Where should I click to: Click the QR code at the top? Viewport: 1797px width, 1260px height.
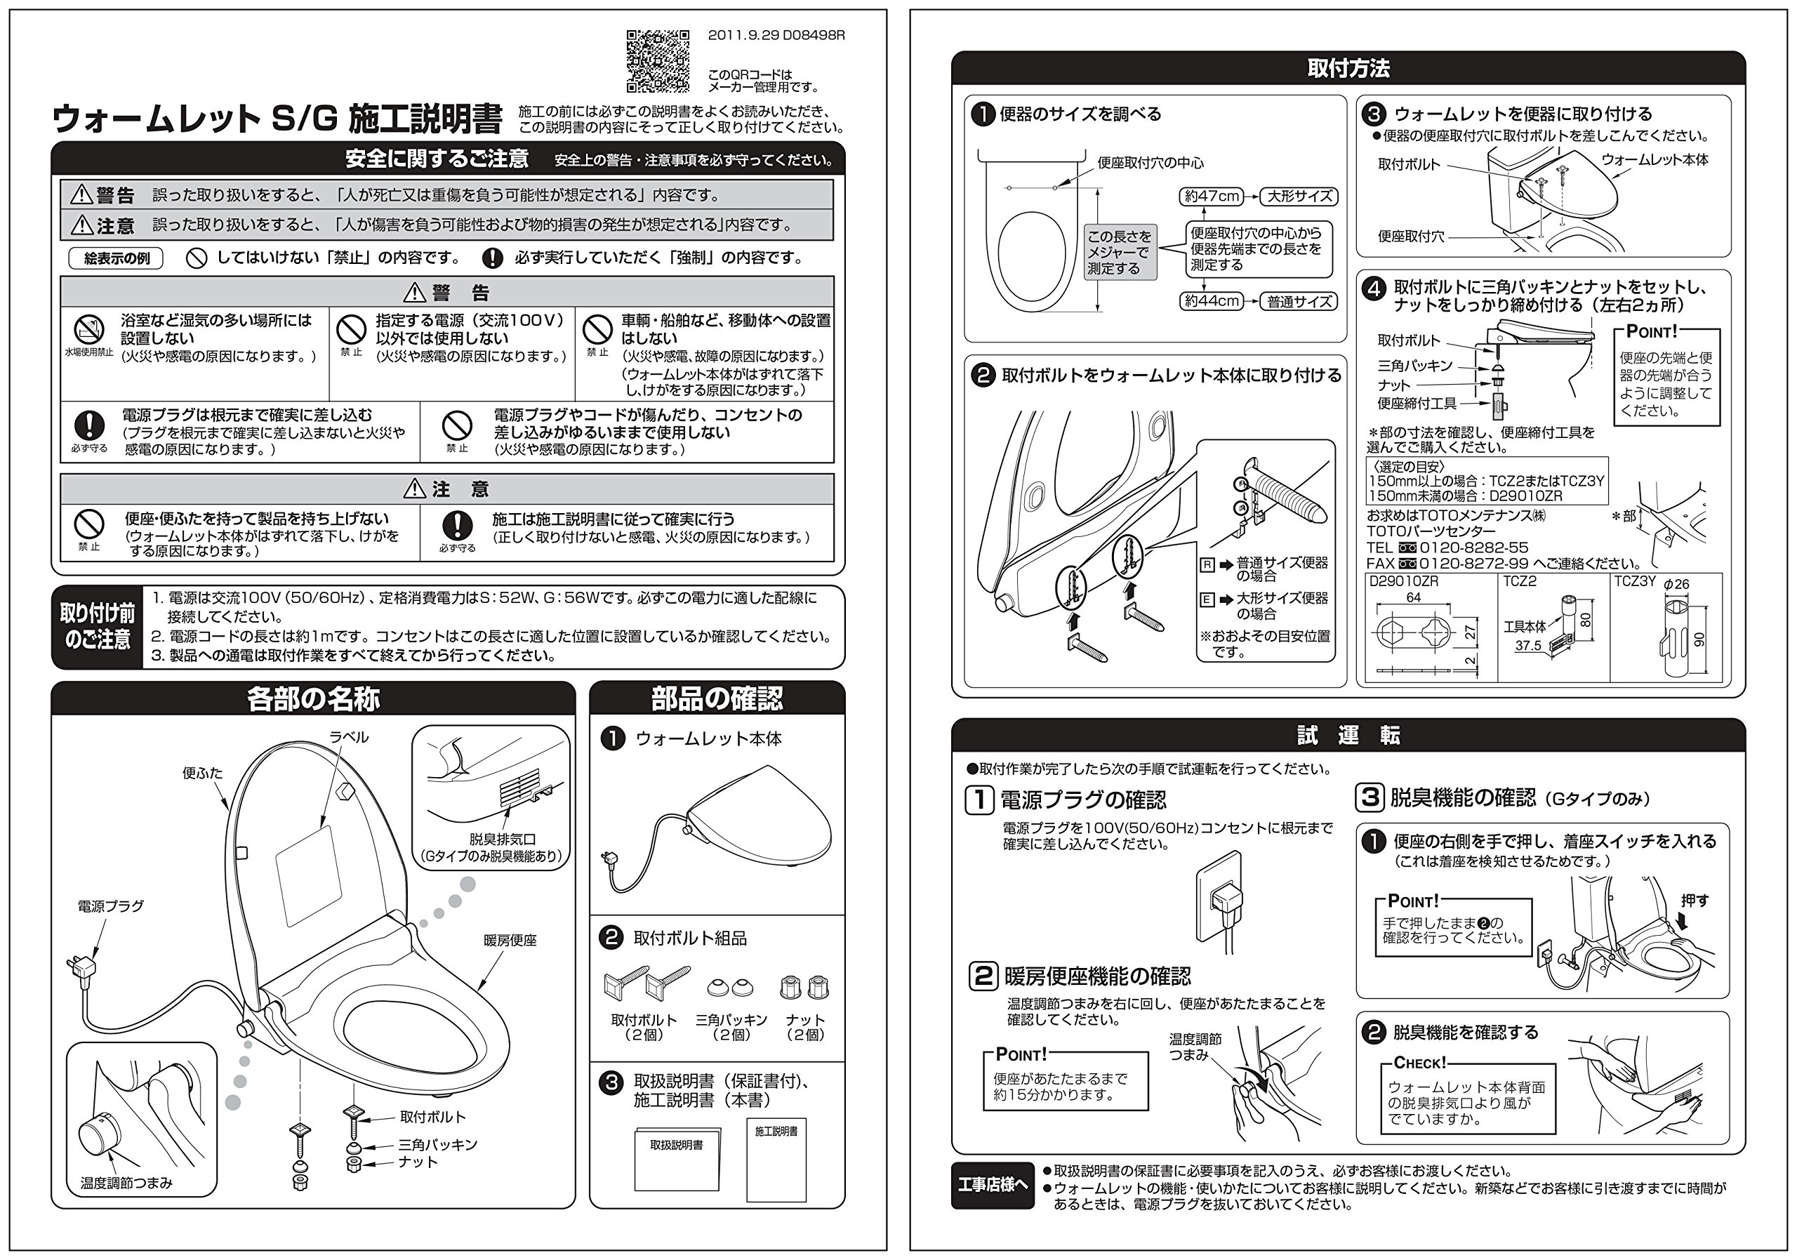pyautogui.click(x=658, y=61)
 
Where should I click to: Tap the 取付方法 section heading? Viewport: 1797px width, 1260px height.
pyautogui.click(x=1348, y=69)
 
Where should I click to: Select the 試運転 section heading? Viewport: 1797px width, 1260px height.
pyautogui.click(x=1348, y=735)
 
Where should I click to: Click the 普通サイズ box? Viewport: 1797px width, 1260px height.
pyautogui.click(x=1299, y=301)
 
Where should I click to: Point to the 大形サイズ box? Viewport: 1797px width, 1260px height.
pyautogui.click(x=1299, y=197)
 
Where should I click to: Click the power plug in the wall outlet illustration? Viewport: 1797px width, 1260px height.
pyautogui.click(x=1224, y=897)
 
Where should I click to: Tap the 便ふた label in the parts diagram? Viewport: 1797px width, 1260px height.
pyautogui.click(x=202, y=774)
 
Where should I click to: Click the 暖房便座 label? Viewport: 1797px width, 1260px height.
pyautogui.click(x=510, y=941)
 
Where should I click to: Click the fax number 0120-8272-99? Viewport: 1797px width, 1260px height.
pyautogui.click(x=1473, y=564)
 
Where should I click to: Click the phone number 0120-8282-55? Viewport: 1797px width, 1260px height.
pyautogui.click(x=1473, y=548)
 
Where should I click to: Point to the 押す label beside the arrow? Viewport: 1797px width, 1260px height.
pyautogui.click(x=1695, y=901)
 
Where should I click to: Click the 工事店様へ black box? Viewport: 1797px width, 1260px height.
pyautogui.click(x=993, y=1185)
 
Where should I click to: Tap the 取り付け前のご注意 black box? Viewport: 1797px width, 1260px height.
pyautogui.click(x=97, y=627)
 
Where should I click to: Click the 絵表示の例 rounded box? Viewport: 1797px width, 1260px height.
pyautogui.click(x=116, y=258)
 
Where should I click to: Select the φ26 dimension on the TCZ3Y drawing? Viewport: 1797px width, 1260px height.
pyautogui.click(x=1676, y=584)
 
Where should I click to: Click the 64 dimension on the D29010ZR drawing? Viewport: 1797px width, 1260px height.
pyautogui.click(x=1413, y=598)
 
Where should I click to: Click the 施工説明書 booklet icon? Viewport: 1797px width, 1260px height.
pyautogui.click(x=776, y=1159)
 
